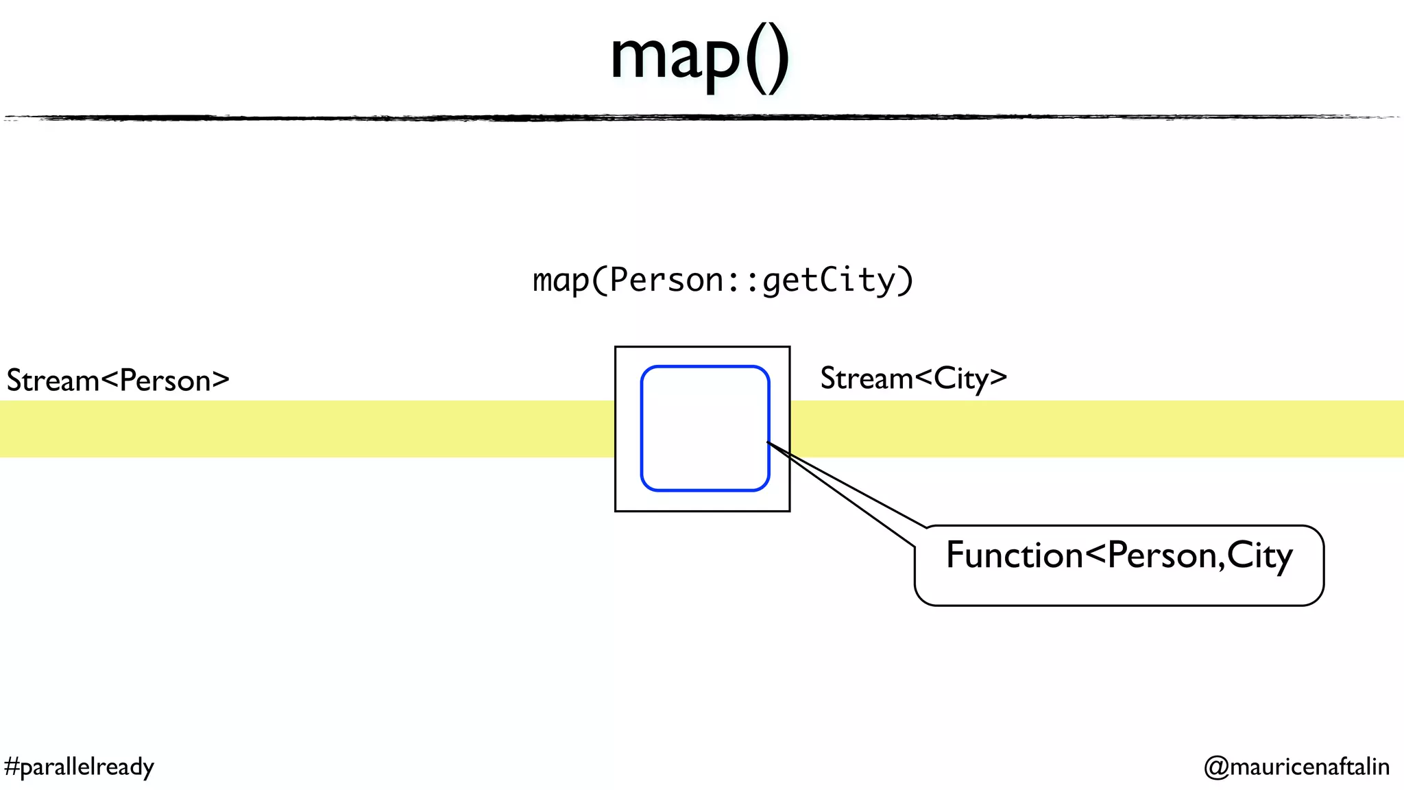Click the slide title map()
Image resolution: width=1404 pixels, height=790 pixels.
click(x=699, y=58)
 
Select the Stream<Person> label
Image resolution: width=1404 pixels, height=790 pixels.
click(x=118, y=381)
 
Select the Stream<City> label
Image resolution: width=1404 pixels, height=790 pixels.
click(x=913, y=379)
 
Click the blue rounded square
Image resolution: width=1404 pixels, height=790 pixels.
click(x=705, y=429)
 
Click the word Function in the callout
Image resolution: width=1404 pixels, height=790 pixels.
click(x=1014, y=555)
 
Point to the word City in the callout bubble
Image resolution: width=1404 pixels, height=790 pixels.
click(x=1259, y=555)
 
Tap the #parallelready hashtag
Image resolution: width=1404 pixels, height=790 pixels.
click(x=79, y=766)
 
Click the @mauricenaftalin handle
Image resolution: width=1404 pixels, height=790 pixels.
click(x=1296, y=766)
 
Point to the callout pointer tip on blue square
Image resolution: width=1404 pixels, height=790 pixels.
click(x=768, y=443)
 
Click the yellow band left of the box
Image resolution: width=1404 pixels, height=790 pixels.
click(x=308, y=429)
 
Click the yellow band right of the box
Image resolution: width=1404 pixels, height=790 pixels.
click(x=1097, y=429)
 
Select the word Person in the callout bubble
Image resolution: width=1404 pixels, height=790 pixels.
click(x=1162, y=555)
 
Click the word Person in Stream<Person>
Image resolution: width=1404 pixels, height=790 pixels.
click(x=165, y=381)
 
